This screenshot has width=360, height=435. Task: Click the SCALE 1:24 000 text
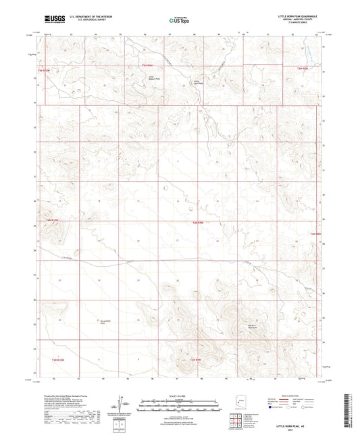coord(179,396)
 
